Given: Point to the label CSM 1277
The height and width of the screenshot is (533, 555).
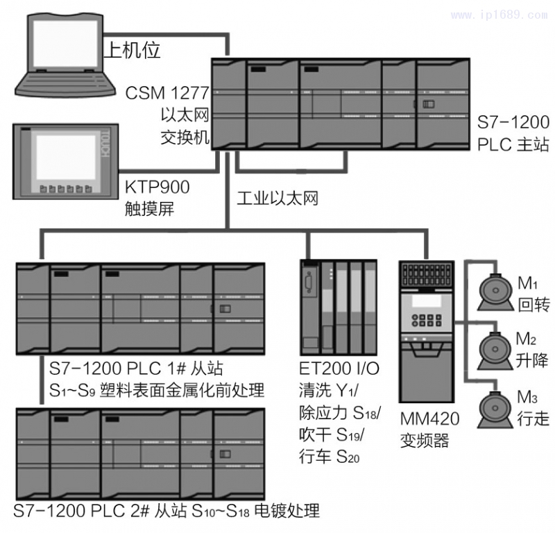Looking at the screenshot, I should [x=167, y=92].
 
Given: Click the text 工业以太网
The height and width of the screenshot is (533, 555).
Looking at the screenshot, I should [x=277, y=199].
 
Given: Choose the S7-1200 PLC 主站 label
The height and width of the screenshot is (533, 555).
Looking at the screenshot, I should [x=513, y=134].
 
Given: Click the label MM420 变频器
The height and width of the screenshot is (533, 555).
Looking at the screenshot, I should [x=424, y=430].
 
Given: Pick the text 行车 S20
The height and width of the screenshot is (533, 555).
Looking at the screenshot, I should [x=330, y=456].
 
